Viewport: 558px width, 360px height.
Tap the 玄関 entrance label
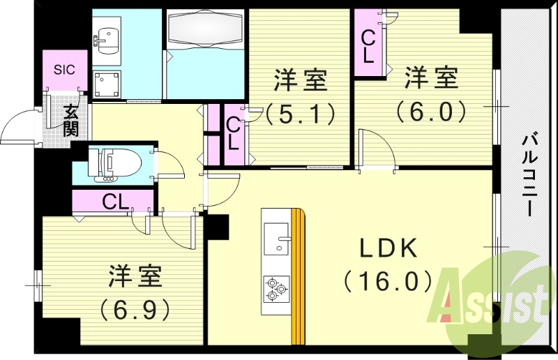pos(72,120)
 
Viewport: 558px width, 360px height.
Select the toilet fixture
pos(116,163)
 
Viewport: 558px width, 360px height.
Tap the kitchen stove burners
pos(276,287)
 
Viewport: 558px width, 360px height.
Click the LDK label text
pos(389,248)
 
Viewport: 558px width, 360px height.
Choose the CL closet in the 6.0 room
pos(367,44)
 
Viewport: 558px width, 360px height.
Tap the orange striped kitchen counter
pos(299,276)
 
